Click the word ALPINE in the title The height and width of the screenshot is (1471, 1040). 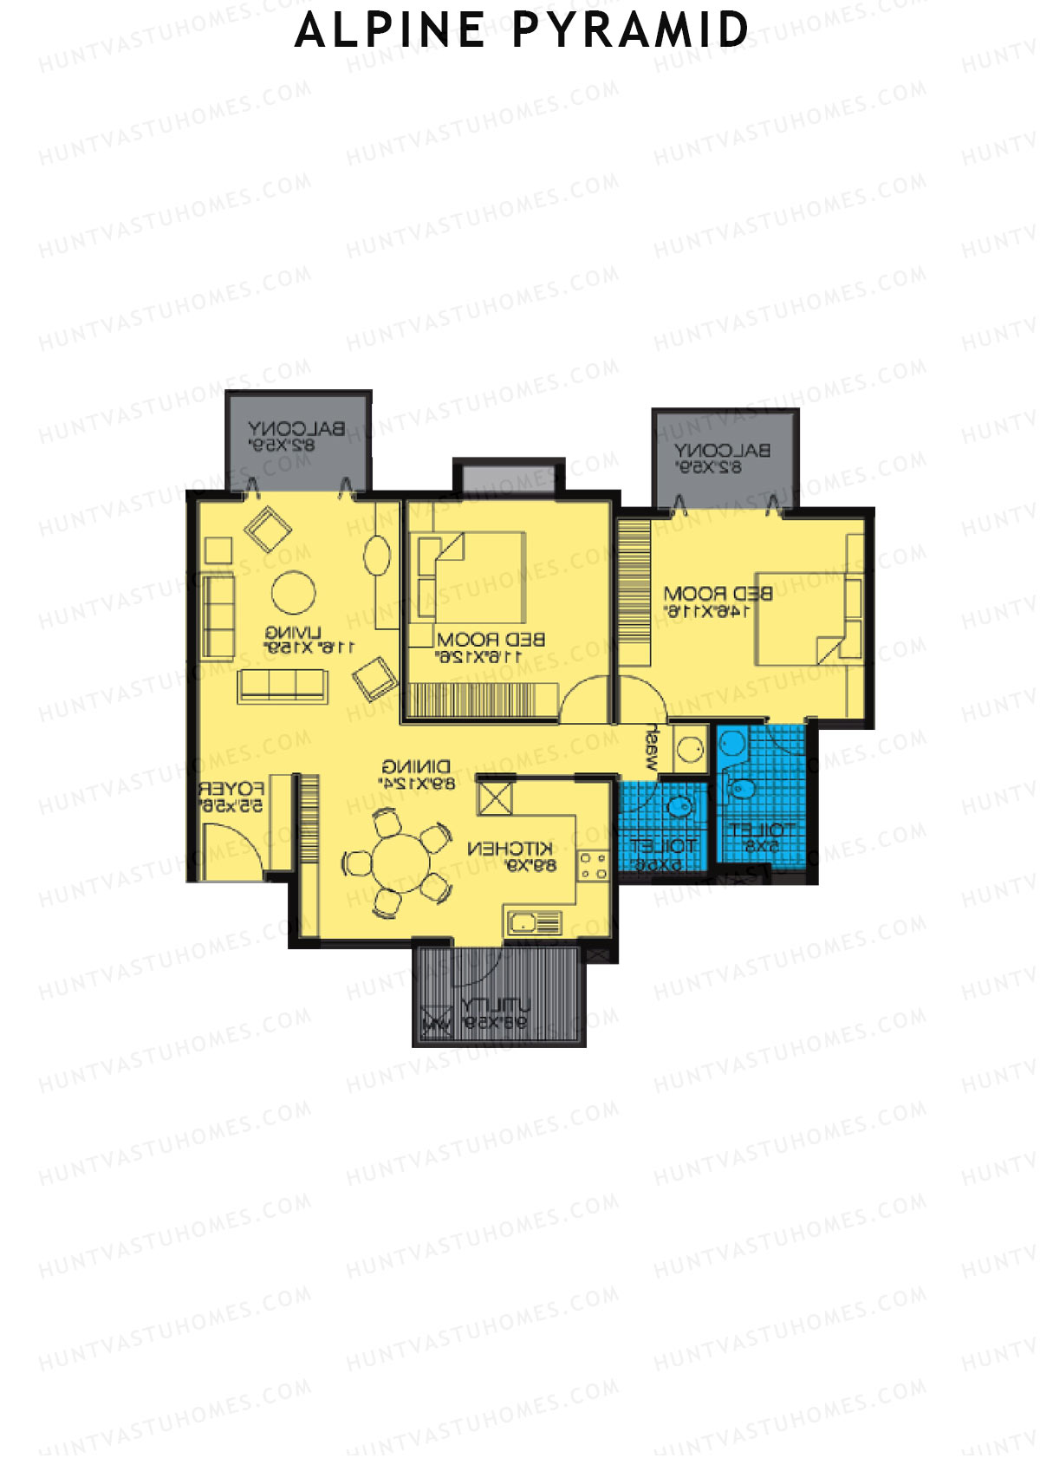390,30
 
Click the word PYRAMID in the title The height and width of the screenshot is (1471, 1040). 630,30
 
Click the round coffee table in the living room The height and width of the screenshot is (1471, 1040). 294,593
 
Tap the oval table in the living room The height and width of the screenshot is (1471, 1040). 377,556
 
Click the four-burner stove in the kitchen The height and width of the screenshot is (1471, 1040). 594,865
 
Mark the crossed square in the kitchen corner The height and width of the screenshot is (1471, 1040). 496,797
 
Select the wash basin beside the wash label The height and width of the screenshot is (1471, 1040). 690,748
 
